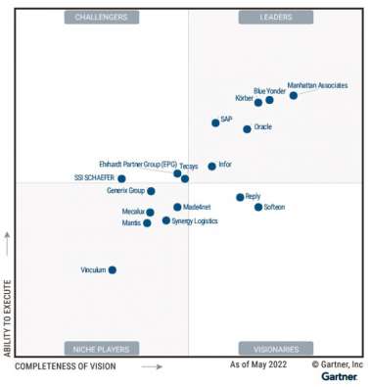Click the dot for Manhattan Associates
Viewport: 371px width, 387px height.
(x=294, y=96)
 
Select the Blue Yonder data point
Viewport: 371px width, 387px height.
(x=269, y=100)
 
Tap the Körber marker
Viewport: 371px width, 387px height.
(x=258, y=103)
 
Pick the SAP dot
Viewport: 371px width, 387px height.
(x=215, y=123)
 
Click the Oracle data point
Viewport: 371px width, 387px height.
(x=247, y=129)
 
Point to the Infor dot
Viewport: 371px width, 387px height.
(x=211, y=167)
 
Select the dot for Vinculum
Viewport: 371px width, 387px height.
(x=113, y=269)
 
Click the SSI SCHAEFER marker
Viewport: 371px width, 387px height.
(x=121, y=179)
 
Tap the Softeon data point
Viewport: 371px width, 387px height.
(x=258, y=208)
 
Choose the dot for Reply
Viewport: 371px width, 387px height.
(x=240, y=197)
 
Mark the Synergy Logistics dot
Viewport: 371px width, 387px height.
(x=166, y=221)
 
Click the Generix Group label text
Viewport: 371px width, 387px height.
(x=125, y=191)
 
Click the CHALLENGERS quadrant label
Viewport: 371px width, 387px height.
(x=101, y=17)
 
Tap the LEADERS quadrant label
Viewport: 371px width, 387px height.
(x=275, y=17)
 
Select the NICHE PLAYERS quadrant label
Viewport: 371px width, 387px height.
(x=101, y=348)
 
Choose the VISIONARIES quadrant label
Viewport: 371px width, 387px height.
(x=275, y=348)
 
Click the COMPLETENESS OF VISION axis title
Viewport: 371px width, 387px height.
(x=66, y=366)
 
